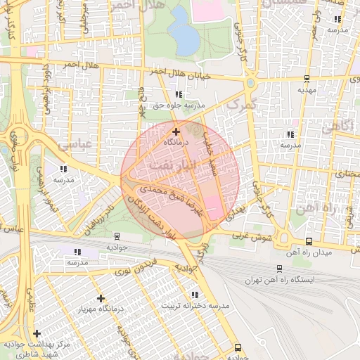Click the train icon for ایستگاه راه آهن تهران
coord(279,269)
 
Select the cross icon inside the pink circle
coord(176,131)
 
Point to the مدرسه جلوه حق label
coord(179,105)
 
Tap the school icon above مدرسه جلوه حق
coord(179,94)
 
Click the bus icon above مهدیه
coord(307,79)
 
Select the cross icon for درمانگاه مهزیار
coord(101,298)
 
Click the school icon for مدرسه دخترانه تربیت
coord(194,295)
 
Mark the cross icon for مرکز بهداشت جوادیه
coord(37,333)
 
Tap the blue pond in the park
coord(180,22)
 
